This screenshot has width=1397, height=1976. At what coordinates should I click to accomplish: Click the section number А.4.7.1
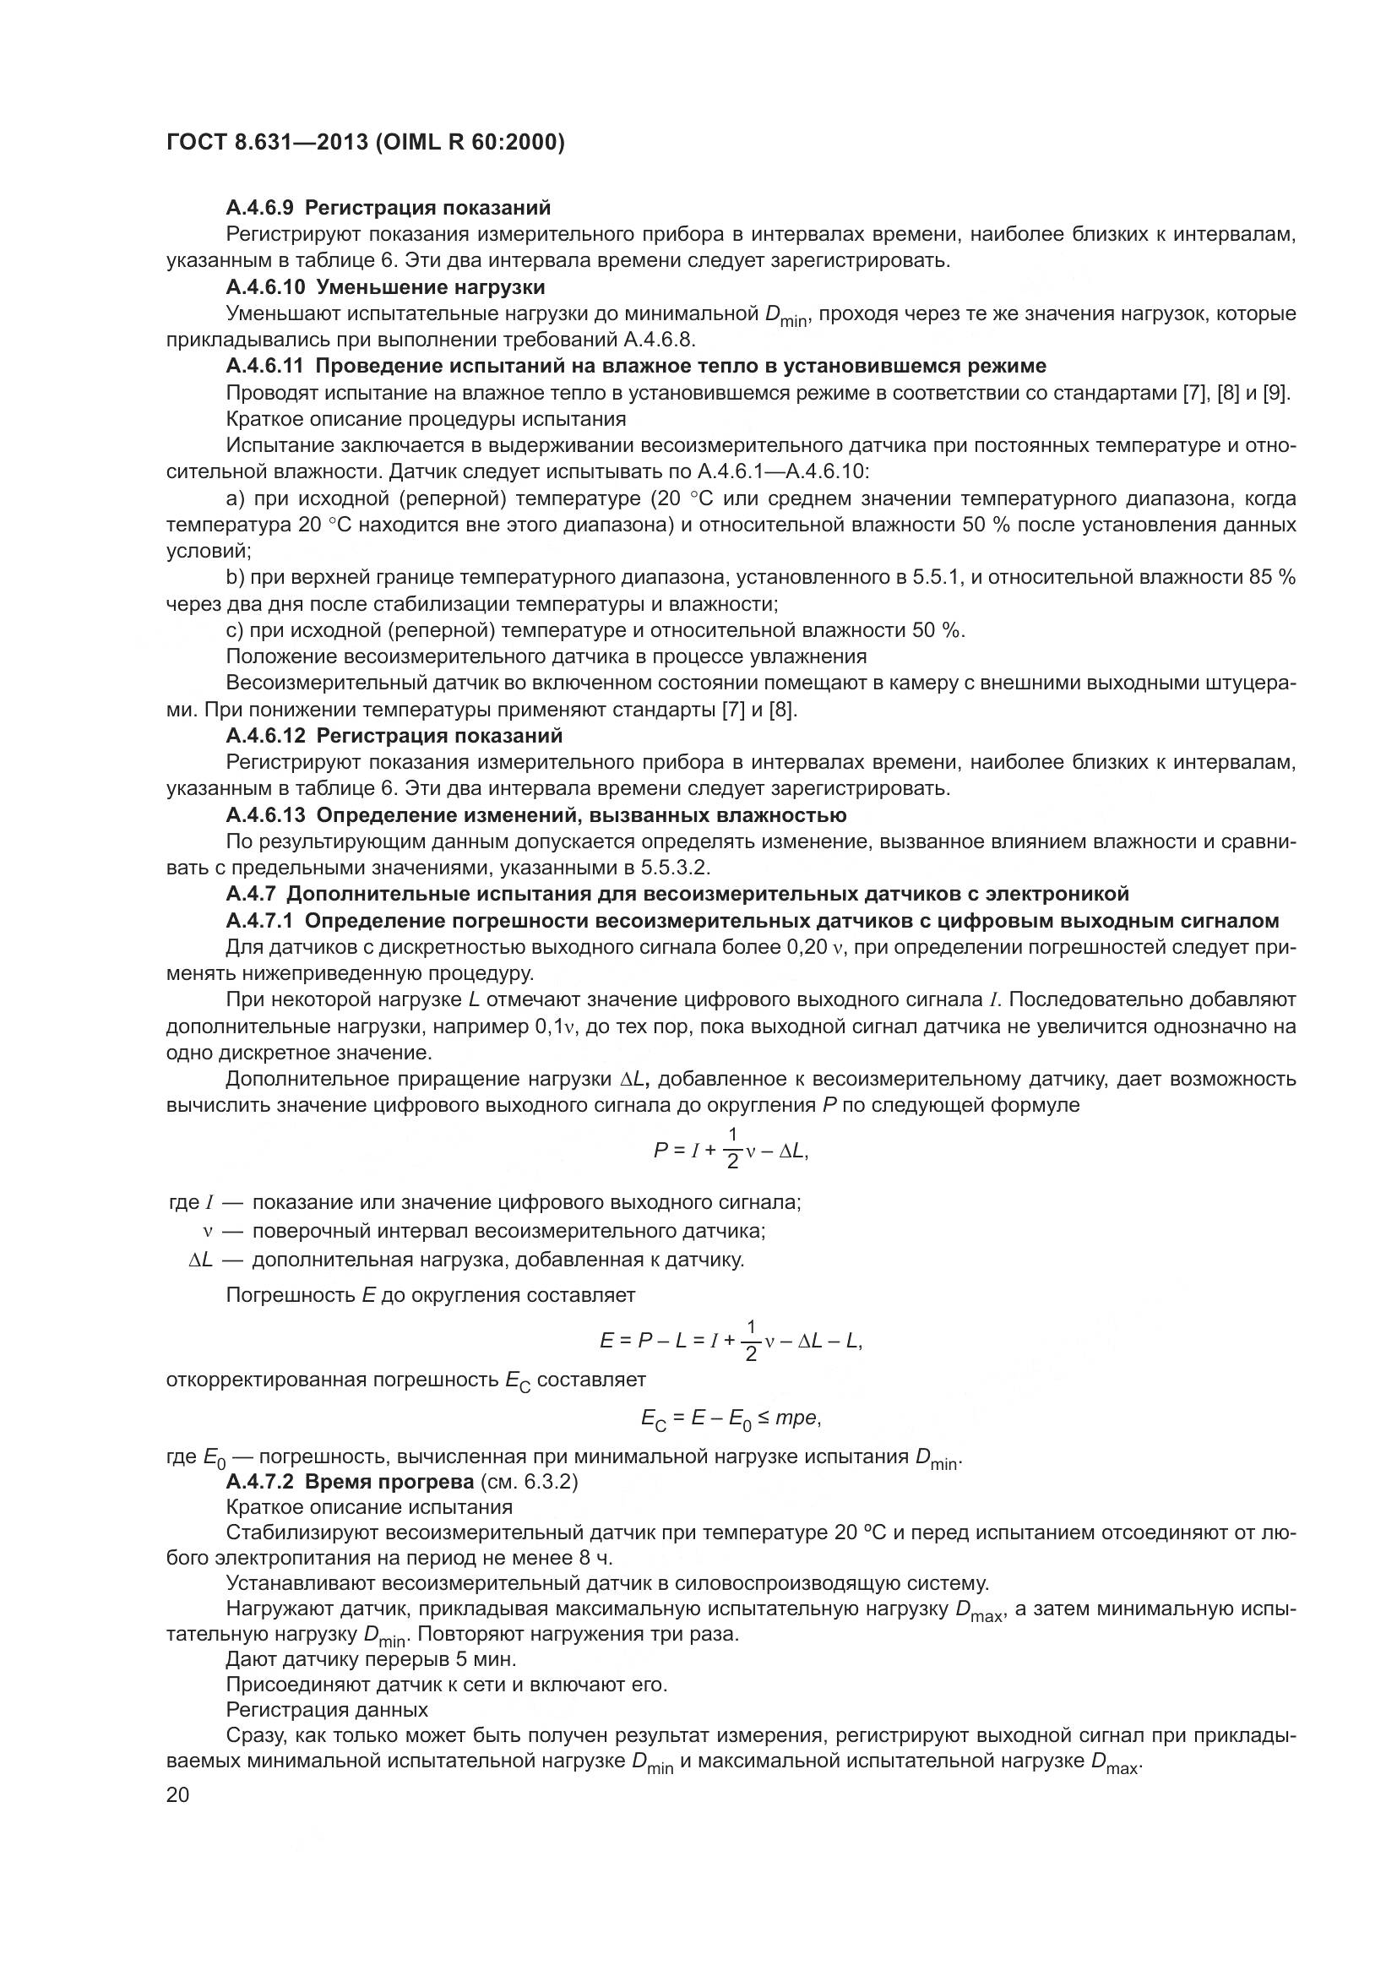(x=260, y=921)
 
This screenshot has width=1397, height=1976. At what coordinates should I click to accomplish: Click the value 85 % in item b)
(x=1273, y=577)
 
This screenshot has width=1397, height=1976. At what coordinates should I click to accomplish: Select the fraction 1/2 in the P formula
(x=733, y=1148)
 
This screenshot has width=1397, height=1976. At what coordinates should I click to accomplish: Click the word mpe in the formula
(x=796, y=1418)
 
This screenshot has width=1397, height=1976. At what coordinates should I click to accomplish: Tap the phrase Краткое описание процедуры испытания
(x=426, y=419)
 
